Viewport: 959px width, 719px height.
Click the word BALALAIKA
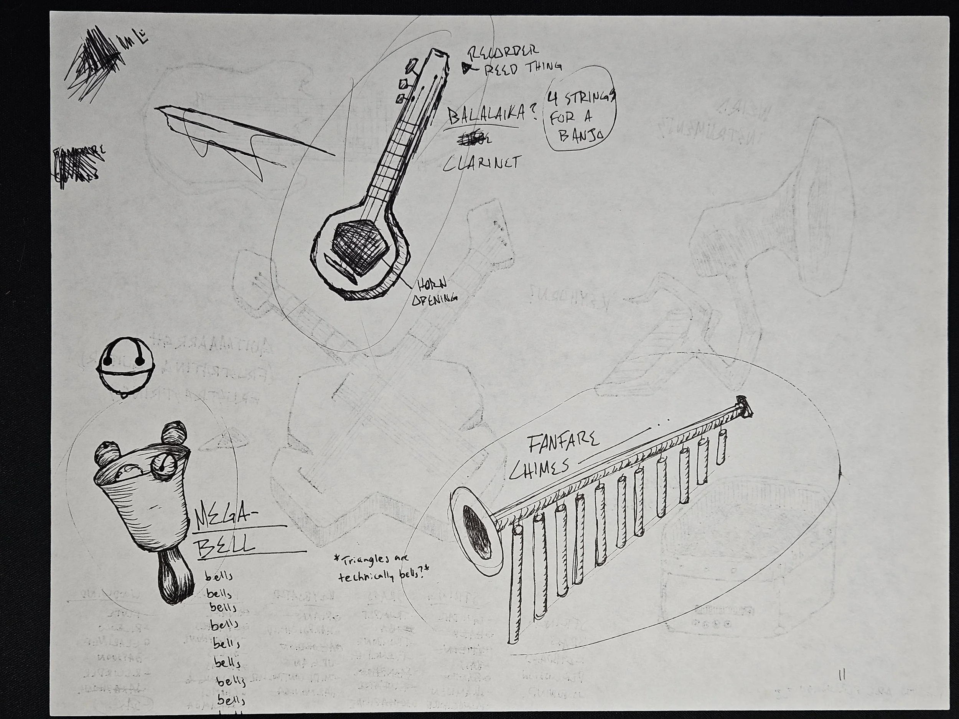click(x=488, y=116)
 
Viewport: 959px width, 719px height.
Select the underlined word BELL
click(x=224, y=542)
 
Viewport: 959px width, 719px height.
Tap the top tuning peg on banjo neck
click(x=410, y=66)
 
